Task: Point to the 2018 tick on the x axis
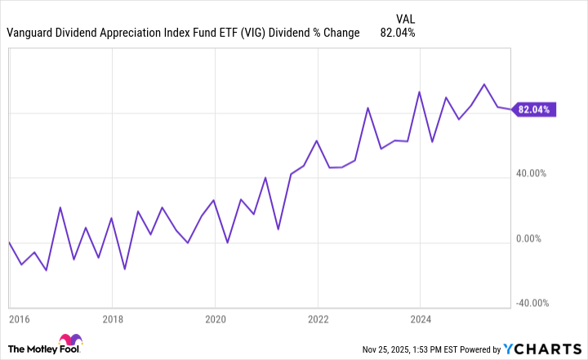(113, 320)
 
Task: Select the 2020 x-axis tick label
(215, 320)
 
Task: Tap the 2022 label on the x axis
(318, 320)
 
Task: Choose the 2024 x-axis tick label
(420, 320)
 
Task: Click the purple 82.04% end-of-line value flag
(535, 109)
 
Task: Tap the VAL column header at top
(404, 16)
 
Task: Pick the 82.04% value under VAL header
(398, 33)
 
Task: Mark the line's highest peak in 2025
(484, 84)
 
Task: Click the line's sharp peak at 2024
(420, 91)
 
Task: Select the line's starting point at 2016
(9, 242)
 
